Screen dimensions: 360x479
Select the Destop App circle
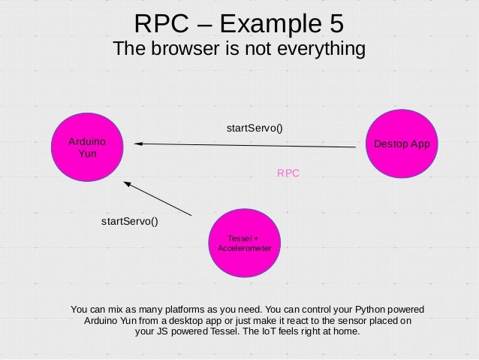[x=402, y=144]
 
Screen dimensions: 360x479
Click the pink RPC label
[x=288, y=173]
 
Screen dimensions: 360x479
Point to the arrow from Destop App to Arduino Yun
[x=248, y=145]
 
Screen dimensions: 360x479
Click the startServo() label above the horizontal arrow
[x=255, y=128]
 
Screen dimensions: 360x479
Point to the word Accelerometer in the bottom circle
[x=244, y=248]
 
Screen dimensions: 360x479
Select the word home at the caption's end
[x=348, y=331]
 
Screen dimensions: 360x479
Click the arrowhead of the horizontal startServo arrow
[x=140, y=143]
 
